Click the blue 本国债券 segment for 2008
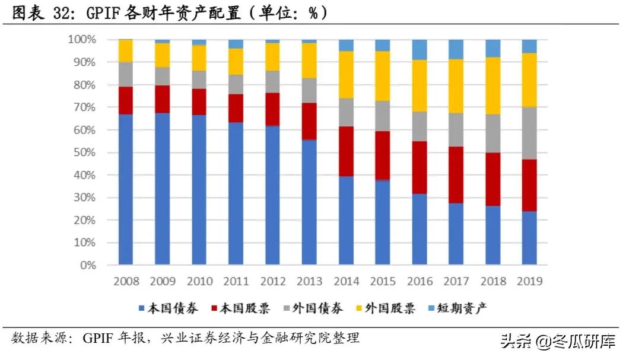coord(125,189)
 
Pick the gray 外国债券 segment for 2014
coord(345,112)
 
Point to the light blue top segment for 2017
coord(456,49)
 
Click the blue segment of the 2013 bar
coord(309,202)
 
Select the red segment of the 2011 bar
coord(236,108)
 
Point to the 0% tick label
coord(87,266)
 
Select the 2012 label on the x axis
coord(272,281)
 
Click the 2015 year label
coord(382,281)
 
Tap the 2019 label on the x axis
coord(529,281)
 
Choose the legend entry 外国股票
coord(390,308)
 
